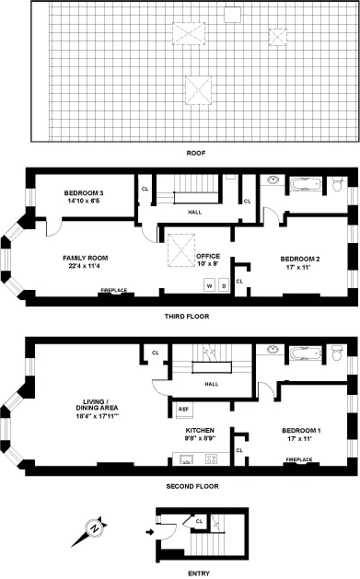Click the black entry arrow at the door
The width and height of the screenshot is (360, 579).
pos(151,530)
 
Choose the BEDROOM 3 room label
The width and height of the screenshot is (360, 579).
pos(85,197)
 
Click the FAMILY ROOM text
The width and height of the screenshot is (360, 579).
pos(86,261)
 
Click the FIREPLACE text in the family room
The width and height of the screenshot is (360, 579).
pos(114,294)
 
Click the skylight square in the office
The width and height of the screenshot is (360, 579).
pos(180,249)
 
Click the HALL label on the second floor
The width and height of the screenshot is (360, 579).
pos(211,383)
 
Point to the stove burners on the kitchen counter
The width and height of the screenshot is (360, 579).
pos(211,457)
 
